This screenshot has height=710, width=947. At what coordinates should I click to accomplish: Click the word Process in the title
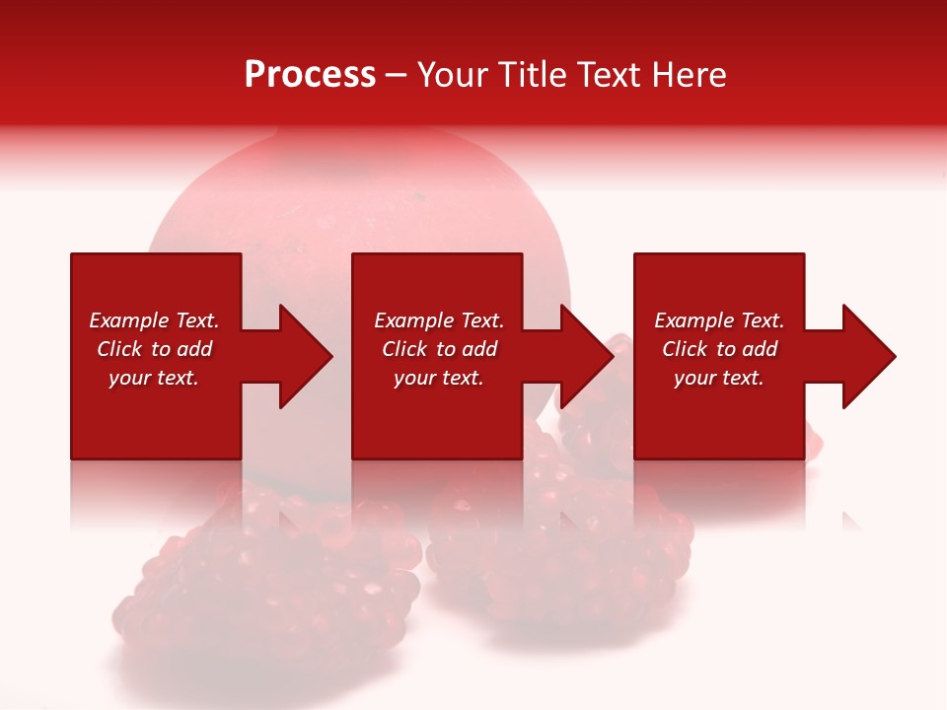(310, 75)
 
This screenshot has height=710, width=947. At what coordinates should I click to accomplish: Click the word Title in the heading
(534, 75)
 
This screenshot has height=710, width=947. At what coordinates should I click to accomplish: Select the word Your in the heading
(454, 75)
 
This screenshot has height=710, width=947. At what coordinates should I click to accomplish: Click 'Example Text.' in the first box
(154, 320)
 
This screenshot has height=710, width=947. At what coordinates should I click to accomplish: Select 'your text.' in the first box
(154, 378)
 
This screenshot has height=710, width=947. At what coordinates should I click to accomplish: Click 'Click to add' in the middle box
(439, 349)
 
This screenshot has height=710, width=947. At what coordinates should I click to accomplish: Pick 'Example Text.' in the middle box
(439, 320)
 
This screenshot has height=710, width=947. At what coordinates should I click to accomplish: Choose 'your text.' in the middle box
(439, 378)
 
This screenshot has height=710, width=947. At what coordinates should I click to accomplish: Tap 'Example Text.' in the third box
(719, 320)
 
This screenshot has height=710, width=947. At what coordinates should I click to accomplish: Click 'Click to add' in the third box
(719, 349)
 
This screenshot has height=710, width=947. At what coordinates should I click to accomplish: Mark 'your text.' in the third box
(719, 378)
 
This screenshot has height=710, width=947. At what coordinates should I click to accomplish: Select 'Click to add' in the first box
(154, 349)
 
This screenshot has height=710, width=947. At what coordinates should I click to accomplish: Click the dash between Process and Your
(396, 76)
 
